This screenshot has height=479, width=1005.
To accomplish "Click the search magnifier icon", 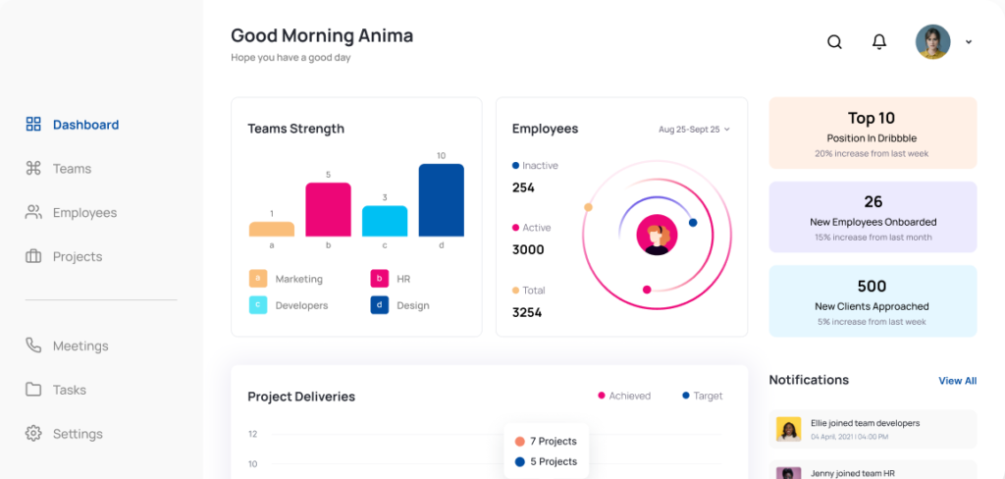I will coord(834,41).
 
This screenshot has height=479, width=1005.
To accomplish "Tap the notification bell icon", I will coord(879,41).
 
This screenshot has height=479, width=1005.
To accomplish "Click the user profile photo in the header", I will coord(932,41).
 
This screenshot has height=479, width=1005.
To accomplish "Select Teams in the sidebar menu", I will coord(72,169).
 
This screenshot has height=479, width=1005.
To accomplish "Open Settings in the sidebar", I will coord(78,434).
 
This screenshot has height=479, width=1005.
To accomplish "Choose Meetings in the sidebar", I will coord(80,346).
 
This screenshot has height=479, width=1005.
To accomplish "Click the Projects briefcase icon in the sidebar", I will coord(33,256).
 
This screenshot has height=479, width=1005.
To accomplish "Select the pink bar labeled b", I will coord(328,209).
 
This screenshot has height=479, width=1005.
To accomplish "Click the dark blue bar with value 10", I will coord(441,200).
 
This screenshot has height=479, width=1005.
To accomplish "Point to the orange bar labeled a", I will coord(272,229).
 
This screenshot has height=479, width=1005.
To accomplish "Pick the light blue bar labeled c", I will coord(385,221).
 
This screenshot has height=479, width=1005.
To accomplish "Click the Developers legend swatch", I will coord(258,305).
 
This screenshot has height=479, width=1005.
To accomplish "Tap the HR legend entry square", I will coord(380,279).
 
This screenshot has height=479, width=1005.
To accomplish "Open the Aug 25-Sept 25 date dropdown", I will coord(694,129).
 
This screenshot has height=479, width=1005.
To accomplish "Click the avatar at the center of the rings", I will coord(656,236).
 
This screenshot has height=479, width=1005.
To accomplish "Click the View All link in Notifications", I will coord(957,381).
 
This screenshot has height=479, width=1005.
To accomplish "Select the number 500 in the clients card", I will coord(872,286).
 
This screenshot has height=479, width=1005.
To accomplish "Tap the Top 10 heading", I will coord(872,118).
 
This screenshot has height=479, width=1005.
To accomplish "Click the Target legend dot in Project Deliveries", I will coord(685,396).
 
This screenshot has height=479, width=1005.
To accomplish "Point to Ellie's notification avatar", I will coord(788,429).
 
